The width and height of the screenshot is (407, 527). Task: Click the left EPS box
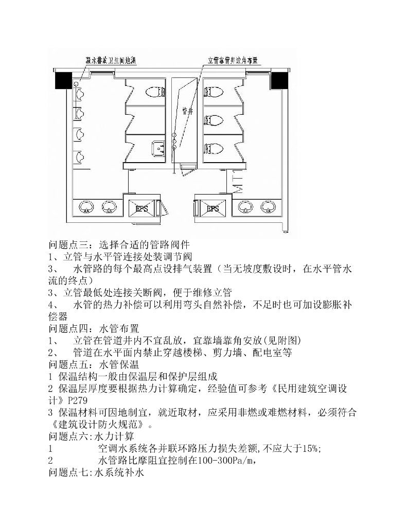(140, 208)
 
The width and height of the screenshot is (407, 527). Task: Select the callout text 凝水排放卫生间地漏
(114, 60)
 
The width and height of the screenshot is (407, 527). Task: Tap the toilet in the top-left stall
(154, 92)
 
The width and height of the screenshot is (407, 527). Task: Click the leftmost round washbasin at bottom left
(86, 207)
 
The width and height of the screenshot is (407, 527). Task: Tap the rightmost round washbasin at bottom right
(267, 207)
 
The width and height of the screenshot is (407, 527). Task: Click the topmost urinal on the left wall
(78, 89)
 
